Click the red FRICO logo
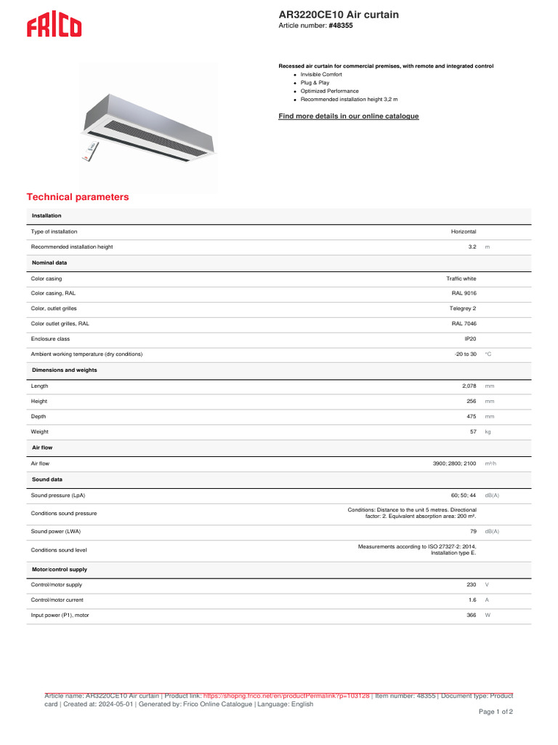54,27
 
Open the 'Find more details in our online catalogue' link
349,116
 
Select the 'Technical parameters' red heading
78,197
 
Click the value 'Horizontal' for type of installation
464,231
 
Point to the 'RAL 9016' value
464,293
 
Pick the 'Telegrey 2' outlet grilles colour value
463,308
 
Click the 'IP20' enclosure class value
470,339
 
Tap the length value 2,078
469,386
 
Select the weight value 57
472,432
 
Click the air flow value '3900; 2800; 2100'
455,463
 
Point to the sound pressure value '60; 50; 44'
463,495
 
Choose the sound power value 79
472,531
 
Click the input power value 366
471,615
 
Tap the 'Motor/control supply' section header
60,569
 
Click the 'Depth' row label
39,417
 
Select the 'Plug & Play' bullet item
315,83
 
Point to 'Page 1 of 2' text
495,712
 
